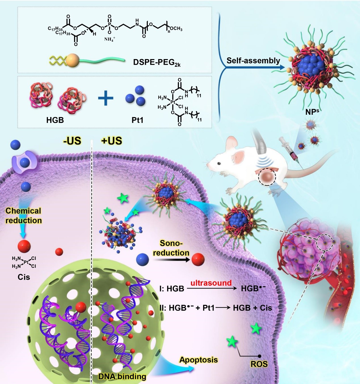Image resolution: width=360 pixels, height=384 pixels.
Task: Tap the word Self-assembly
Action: [x=253, y=60]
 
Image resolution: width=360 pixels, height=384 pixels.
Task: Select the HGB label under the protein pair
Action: [x=55, y=120]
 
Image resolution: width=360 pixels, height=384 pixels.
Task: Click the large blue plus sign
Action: [x=106, y=98]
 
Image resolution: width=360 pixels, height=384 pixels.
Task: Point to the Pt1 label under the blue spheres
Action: [x=137, y=120]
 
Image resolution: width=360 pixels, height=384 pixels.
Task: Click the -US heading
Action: [x=72, y=141]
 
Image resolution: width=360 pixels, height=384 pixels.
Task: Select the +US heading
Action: [x=111, y=141]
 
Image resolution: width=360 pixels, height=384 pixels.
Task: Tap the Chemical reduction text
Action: [x=24, y=216]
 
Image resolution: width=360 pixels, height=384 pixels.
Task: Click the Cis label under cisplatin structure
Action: [x=24, y=277]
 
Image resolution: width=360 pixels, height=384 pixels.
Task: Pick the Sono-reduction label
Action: [x=171, y=248]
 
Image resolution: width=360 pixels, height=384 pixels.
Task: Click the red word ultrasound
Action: [x=211, y=283]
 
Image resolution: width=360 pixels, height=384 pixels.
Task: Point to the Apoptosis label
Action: [x=199, y=360]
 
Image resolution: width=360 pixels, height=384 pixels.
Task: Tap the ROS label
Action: [x=259, y=364]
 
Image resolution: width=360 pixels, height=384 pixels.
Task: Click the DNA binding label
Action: [x=122, y=377]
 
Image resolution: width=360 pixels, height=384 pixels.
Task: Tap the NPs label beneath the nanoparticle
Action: [x=312, y=112]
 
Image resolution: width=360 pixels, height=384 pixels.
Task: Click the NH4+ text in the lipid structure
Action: [x=110, y=39]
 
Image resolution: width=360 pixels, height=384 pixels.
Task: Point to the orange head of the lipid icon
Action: [x=71, y=60]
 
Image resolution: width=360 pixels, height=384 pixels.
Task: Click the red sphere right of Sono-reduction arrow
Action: [x=198, y=259]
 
